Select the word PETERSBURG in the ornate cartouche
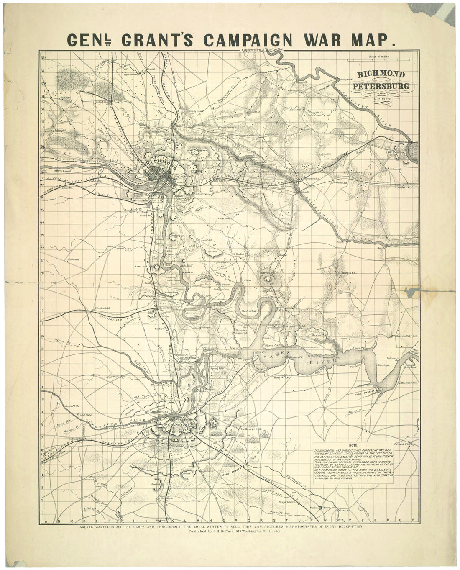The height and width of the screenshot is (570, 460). pos(381,86)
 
